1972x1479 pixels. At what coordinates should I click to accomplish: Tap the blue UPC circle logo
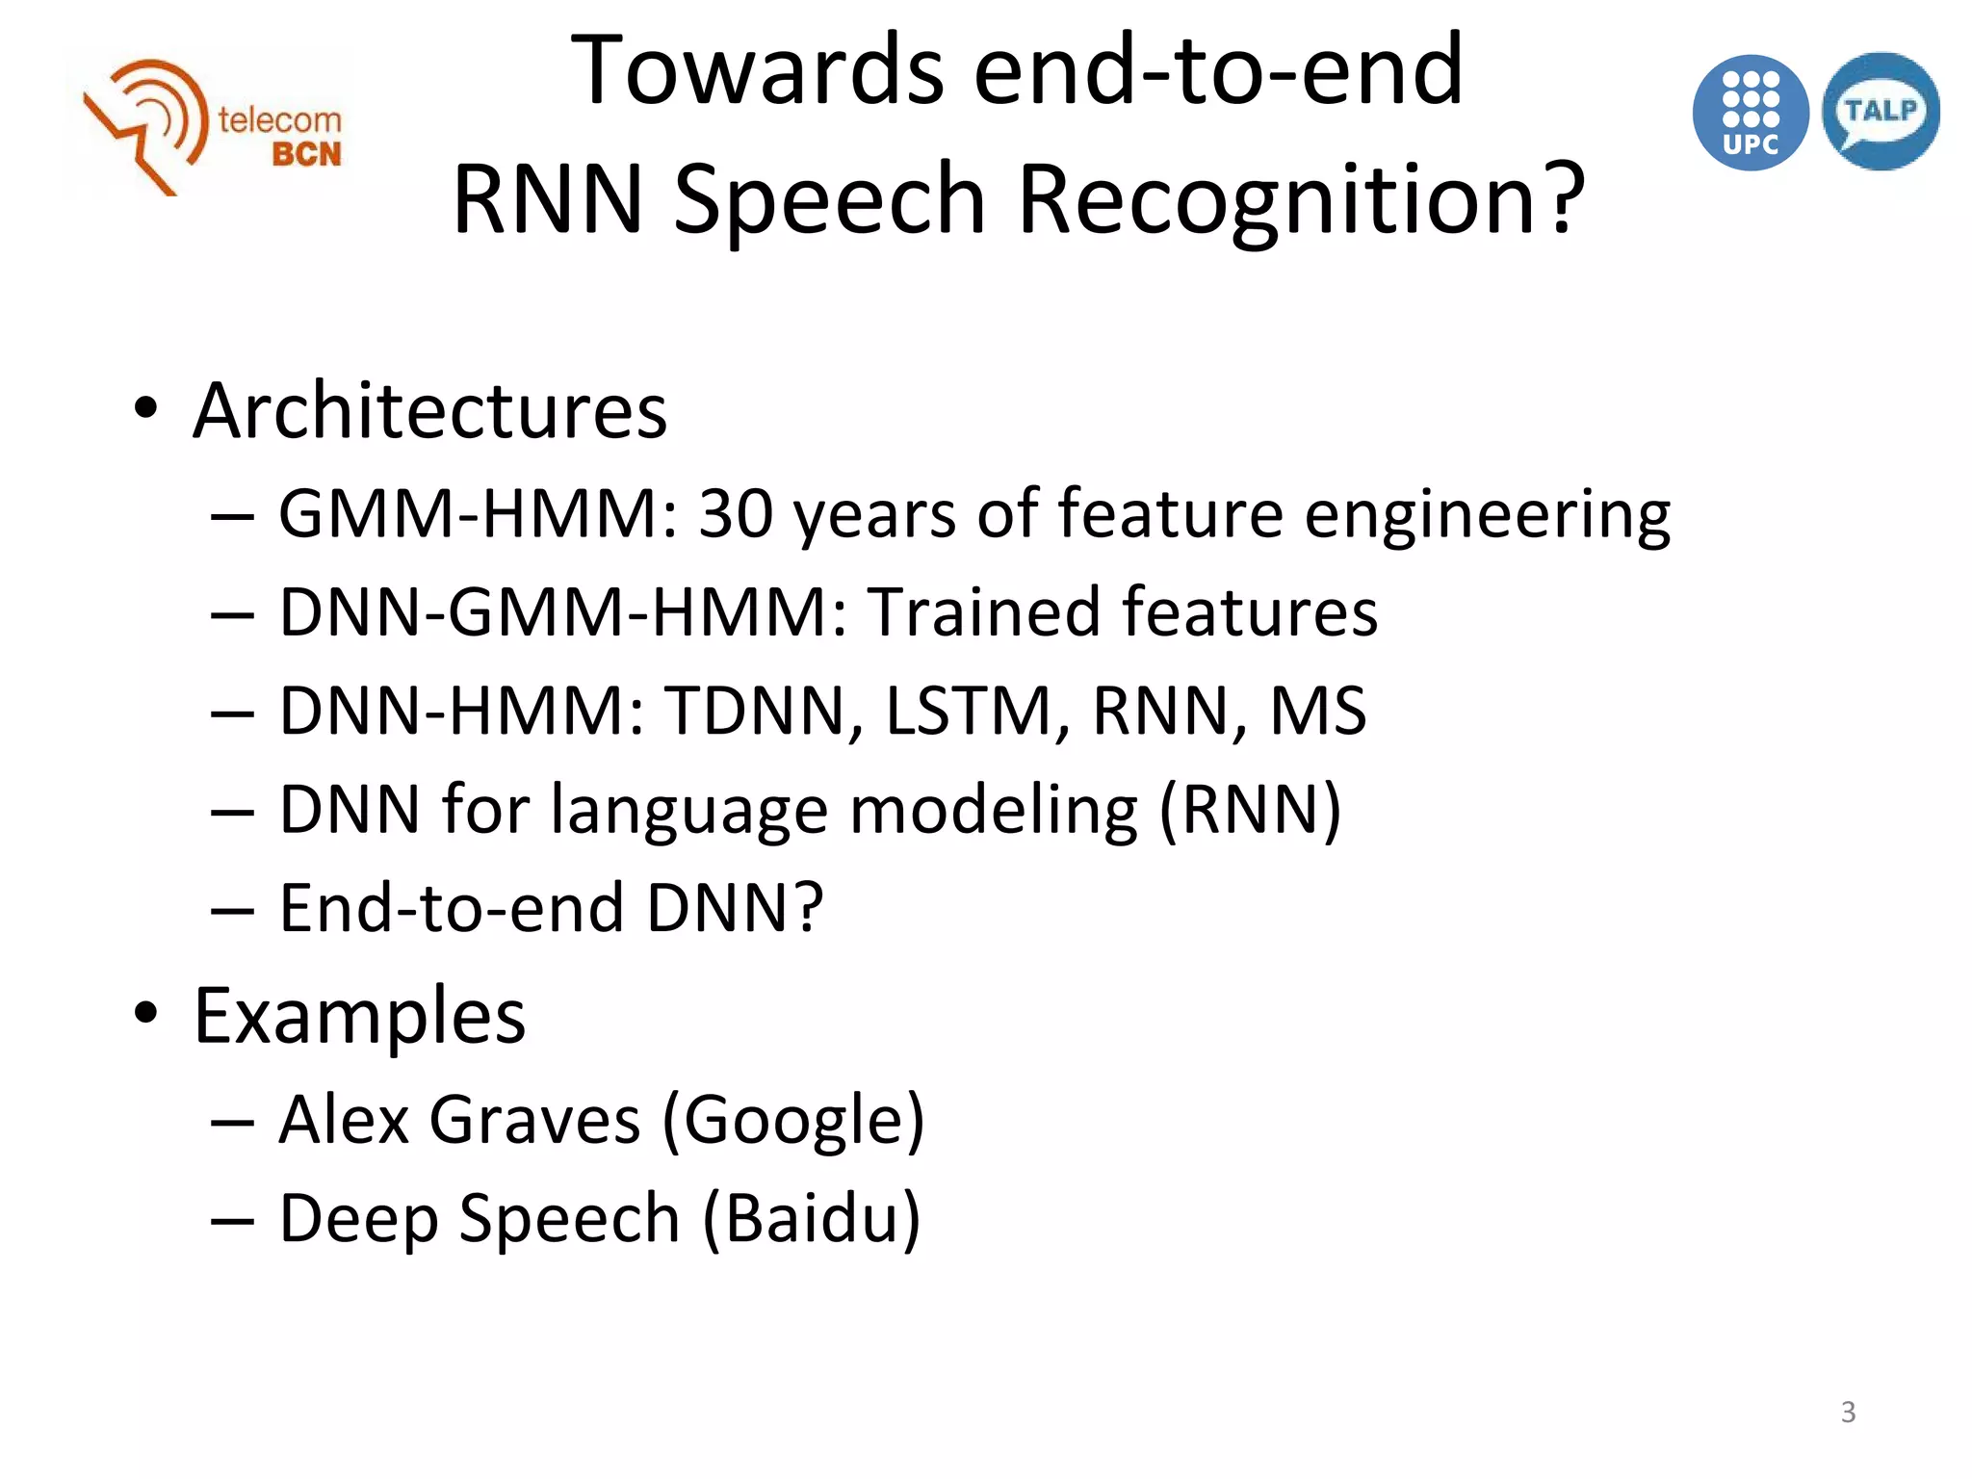pos(1750,114)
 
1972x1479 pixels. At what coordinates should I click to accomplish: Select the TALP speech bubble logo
pos(1881,112)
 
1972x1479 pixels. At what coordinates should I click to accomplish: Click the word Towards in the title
pos(757,71)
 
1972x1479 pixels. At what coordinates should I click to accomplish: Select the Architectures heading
pos(429,411)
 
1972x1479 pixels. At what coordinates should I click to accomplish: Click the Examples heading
pos(359,1016)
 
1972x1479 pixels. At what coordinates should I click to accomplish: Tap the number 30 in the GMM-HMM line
pos(736,513)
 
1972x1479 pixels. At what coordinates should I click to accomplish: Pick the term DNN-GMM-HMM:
pos(563,612)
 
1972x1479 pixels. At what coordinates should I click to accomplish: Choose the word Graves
pos(534,1121)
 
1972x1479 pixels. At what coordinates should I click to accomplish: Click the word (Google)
pos(793,1121)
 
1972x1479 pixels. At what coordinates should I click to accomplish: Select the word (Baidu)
pos(812,1219)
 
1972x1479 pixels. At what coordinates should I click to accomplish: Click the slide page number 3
pos(1848,1412)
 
